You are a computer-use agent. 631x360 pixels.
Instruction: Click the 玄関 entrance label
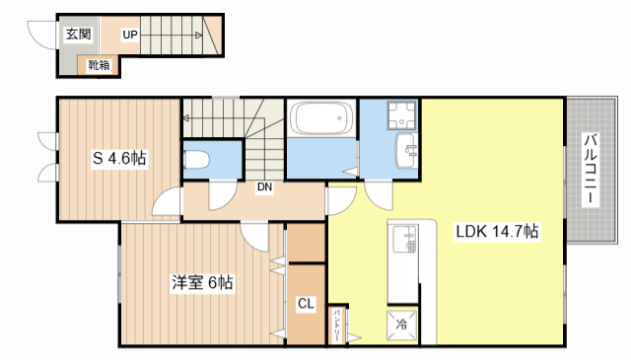coord(79,34)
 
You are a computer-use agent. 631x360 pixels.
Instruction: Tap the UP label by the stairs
coord(130,36)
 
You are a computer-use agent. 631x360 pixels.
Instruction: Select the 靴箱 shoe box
coord(99,65)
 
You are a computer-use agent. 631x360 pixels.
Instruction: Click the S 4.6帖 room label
coord(119,158)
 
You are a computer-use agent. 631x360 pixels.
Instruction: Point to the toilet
coord(196,160)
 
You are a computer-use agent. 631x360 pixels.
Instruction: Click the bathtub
coord(321,117)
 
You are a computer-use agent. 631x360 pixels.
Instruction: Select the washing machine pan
coord(401,115)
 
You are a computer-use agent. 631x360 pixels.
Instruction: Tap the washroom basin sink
coord(406,150)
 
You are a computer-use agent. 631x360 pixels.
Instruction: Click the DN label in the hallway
coord(264,186)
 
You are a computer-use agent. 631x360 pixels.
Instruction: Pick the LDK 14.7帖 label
coord(497,231)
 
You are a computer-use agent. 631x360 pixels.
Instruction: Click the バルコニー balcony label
coord(591,169)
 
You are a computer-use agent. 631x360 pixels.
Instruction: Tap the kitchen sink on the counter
coord(405,239)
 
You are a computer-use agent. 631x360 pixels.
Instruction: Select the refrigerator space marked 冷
coord(401,324)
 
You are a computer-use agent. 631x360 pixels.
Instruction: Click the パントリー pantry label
coord(337,325)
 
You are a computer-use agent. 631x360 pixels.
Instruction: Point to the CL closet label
coord(306,303)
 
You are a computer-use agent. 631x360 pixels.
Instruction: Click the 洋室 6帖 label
coord(202,282)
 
